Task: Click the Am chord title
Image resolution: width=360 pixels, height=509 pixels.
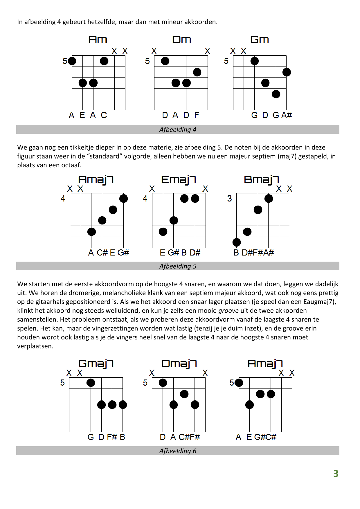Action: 98,40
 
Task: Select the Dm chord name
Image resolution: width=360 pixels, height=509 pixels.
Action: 181,40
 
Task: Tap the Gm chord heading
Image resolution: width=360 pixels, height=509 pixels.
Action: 260,40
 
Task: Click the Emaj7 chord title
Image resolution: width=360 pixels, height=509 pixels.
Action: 179,180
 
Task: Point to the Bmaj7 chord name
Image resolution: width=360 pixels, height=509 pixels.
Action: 261,180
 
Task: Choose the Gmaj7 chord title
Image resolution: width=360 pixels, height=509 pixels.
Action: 96,364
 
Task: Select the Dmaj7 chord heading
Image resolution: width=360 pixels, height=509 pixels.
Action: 179,364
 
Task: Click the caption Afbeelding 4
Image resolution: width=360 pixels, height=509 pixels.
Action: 178,130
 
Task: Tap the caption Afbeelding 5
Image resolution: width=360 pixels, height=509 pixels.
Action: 178,266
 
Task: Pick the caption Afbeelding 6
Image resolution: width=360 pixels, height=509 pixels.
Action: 178,451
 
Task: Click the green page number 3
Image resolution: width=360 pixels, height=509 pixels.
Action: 336,474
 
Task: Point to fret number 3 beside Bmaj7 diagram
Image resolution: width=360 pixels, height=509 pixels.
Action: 229,199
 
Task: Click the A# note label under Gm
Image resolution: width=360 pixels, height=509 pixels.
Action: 287,115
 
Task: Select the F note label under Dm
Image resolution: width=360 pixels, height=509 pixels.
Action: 197,115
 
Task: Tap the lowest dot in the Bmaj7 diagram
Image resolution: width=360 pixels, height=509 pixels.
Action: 237,242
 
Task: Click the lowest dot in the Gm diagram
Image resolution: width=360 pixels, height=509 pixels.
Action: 276,94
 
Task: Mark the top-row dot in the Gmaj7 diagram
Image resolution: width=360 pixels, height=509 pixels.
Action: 91,383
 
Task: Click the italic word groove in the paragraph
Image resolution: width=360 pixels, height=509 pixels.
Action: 228,311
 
